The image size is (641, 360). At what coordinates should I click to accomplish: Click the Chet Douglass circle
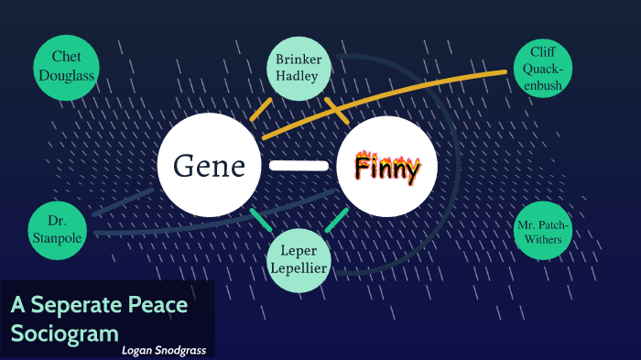66,67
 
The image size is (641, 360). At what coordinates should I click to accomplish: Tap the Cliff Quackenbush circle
544,67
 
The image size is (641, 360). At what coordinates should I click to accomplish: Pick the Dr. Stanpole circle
58,230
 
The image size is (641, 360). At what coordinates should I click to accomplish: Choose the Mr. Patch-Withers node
543,231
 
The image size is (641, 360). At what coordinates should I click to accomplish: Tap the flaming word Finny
387,169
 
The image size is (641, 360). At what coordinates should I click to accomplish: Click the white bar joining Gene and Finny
299,166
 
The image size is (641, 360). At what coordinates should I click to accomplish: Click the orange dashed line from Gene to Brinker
261,108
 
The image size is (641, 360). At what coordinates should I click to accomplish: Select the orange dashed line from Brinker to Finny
337,110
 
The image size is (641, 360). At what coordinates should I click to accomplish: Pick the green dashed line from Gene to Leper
261,221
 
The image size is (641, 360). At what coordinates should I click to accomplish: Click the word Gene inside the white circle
211,167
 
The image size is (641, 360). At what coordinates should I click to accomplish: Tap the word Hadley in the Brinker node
298,76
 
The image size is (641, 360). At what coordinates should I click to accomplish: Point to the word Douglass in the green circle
66,75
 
